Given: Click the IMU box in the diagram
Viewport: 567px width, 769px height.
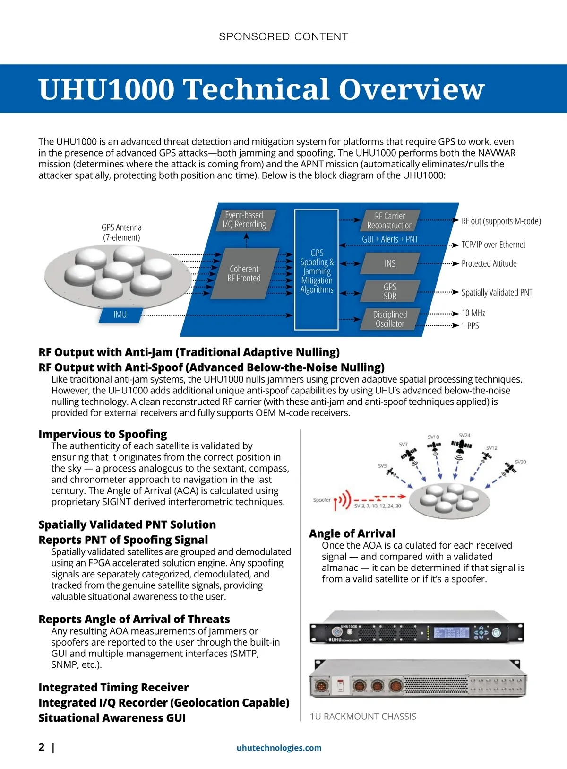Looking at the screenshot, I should (x=120, y=315).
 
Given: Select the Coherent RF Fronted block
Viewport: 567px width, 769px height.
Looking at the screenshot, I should (x=244, y=273).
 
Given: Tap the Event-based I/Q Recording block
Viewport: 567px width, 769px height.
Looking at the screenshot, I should (x=244, y=220).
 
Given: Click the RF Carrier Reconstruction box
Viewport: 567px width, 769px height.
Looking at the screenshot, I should (x=390, y=221).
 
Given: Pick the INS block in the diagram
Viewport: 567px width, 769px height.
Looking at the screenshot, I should (x=390, y=263).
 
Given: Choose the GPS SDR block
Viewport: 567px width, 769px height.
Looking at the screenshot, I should (x=390, y=291).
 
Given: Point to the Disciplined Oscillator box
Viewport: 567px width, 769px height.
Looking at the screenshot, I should (x=390, y=319).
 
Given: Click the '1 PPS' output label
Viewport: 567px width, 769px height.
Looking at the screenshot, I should (x=470, y=326).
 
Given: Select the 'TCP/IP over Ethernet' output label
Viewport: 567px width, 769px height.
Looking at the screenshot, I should (x=493, y=245).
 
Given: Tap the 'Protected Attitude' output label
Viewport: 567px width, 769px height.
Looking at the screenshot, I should (x=489, y=263).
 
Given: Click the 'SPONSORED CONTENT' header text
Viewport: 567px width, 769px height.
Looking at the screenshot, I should (x=283, y=36).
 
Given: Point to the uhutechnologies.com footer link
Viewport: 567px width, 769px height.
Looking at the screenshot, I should (x=279, y=748).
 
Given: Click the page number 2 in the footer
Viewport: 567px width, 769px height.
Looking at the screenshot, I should (x=42, y=747).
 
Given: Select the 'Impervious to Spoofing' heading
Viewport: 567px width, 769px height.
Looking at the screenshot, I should (x=103, y=434).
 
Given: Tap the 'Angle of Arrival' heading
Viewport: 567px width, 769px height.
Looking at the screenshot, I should (x=352, y=533).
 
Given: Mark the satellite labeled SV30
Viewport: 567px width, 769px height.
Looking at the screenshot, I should (x=510, y=469).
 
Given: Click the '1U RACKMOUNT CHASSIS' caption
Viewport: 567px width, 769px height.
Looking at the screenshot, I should (x=363, y=717).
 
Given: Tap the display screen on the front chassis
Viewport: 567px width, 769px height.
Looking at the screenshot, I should (x=451, y=633).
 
